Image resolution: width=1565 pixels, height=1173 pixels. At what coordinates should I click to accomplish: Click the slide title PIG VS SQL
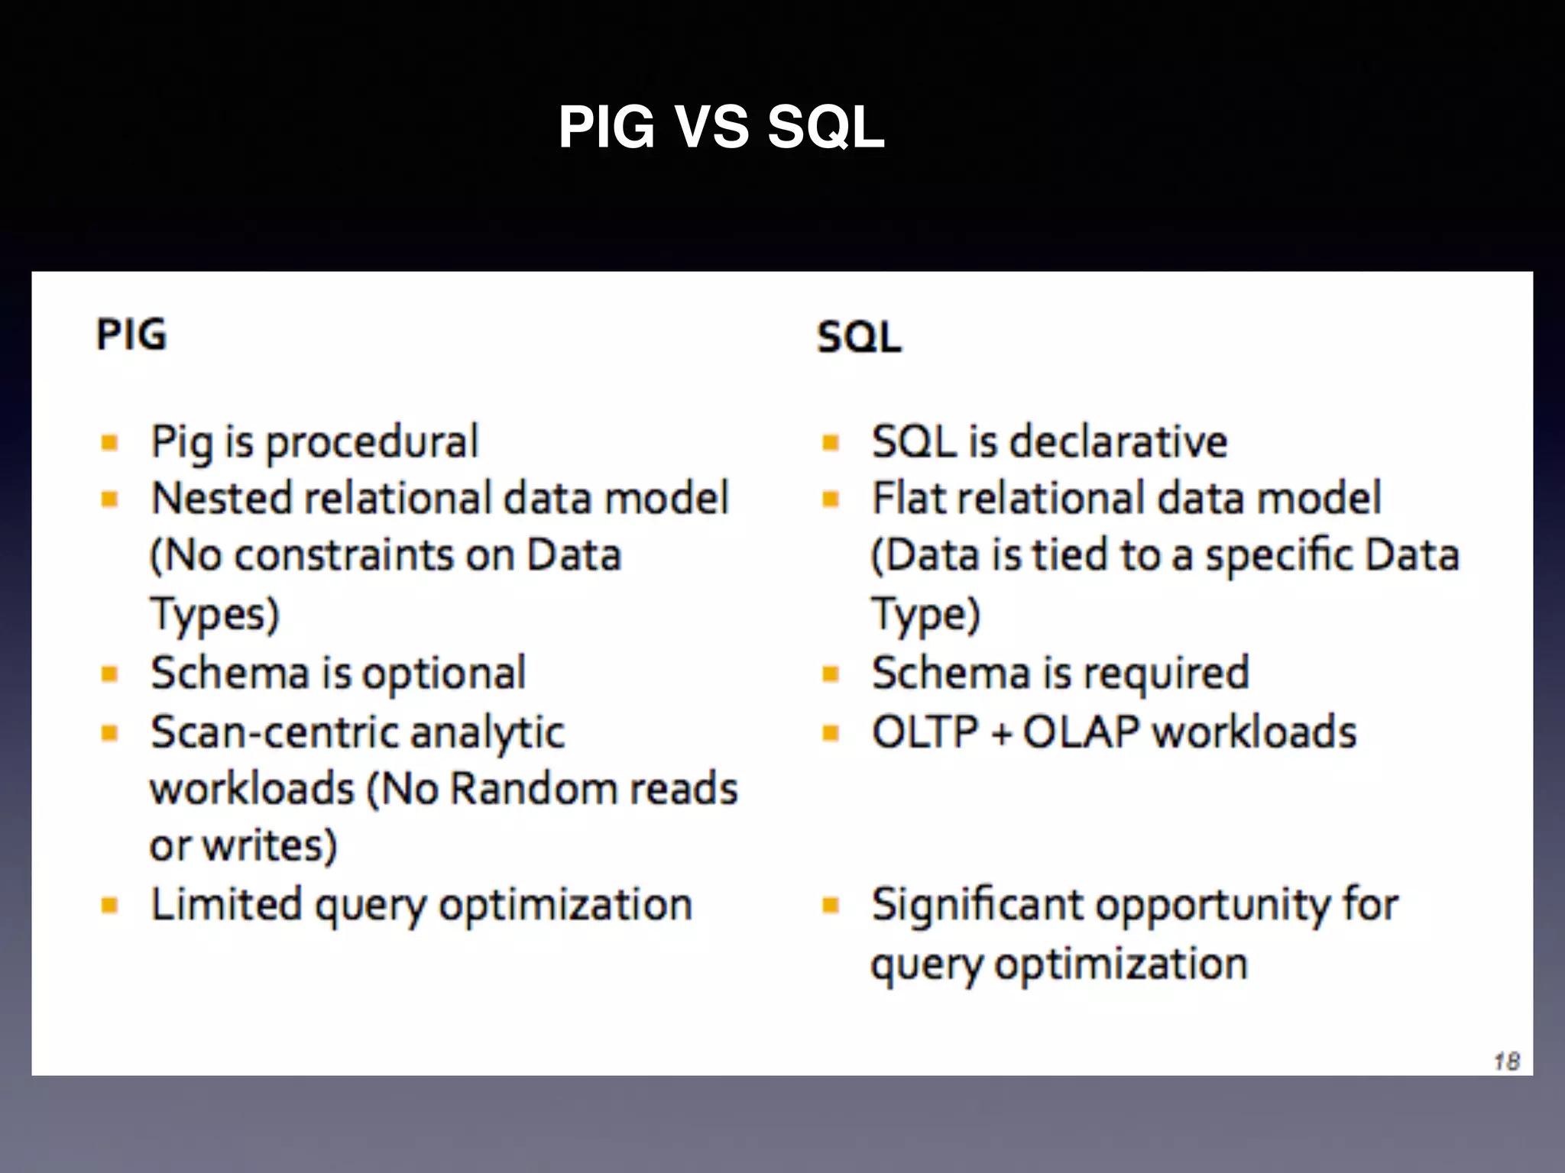click(x=721, y=127)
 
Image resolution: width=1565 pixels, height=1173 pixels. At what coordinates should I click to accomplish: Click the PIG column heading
click(x=131, y=334)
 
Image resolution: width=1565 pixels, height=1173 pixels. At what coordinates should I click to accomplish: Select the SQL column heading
click(x=859, y=337)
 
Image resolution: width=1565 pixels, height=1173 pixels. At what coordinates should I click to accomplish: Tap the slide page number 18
click(x=1506, y=1061)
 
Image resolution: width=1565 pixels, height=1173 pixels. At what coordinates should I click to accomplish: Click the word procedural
click(x=371, y=443)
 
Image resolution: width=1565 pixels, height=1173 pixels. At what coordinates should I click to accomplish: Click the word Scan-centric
click(x=275, y=732)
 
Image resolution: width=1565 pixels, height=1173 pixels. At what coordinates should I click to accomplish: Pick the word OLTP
click(x=925, y=732)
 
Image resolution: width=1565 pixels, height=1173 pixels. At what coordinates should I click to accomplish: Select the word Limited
click(x=226, y=905)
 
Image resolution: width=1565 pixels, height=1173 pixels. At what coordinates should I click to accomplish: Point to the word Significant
click(x=977, y=905)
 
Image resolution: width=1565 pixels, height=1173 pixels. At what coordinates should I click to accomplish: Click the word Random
click(x=521, y=789)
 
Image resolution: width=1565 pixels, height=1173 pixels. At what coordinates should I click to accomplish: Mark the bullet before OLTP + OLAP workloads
click(x=831, y=733)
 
